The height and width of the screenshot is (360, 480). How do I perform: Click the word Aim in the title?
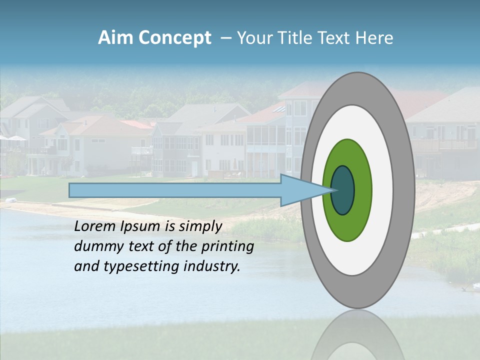(115, 38)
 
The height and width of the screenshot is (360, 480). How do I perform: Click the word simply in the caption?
(200, 226)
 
